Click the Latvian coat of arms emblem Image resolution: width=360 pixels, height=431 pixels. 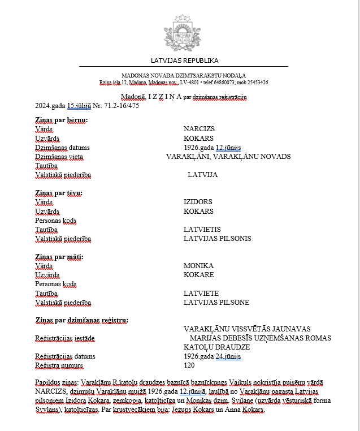click(x=182, y=32)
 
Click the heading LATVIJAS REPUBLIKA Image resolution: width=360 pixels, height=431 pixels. click(x=184, y=61)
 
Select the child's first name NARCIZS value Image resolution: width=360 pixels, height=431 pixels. click(x=199, y=129)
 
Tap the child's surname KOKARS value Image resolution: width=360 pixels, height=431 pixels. click(x=198, y=138)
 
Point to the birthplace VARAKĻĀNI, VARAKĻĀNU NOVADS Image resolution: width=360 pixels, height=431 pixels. click(x=228, y=157)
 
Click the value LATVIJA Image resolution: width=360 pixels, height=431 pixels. click(x=202, y=175)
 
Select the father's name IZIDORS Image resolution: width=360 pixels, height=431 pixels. click(x=198, y=202)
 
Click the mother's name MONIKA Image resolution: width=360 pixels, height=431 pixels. click(x=198, y=266)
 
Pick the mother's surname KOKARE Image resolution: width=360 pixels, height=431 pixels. click(x=198, y=275)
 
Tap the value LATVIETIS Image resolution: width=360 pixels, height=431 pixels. click(x=202, y=230)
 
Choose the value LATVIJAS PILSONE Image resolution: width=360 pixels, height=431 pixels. click(x=216, y=303)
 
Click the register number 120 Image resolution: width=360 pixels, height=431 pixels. click(x=189, y=366)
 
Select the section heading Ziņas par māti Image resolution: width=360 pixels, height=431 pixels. click(x=59, y=257)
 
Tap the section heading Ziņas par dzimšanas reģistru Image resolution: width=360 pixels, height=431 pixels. click(x=81, y=321)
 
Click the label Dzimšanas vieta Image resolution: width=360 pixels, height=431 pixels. click(x=59, y=157)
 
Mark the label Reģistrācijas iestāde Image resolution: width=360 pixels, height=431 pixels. click(x=65, y=339)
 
